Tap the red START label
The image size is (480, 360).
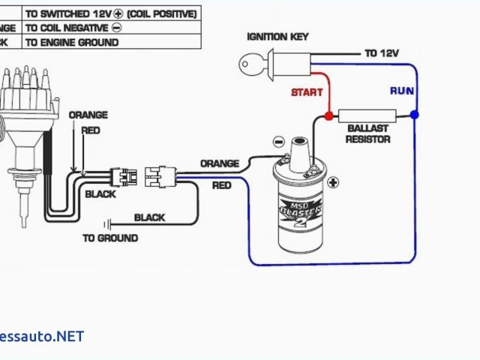307,92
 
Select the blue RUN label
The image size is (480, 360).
400,91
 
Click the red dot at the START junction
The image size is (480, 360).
328,116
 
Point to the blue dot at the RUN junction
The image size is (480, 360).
415,115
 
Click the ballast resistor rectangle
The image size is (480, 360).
365,115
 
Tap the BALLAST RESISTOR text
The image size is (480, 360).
367,133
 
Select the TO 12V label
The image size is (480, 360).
382,53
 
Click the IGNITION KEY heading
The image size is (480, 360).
277,37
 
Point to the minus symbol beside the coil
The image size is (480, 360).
278,141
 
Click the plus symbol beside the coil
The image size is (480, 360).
332,181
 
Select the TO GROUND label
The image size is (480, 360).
110,238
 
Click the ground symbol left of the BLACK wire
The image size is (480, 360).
109,223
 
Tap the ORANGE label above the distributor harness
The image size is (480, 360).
88,115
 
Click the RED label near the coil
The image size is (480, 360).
221,184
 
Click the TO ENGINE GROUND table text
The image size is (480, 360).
72,42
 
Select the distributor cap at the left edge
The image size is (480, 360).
17,90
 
